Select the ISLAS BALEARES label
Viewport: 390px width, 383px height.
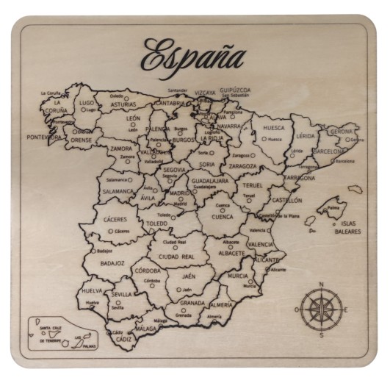click(349, 227)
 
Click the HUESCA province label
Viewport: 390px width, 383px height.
click(273, 127)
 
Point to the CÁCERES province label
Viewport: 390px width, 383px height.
click(115, 219)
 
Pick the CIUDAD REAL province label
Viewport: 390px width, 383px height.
click(177, 257)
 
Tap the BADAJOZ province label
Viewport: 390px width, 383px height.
click(112, 262)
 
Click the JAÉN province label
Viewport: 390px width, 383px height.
click(188, 276)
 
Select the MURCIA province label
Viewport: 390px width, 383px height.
click(237, 276)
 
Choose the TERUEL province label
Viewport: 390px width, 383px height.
click(252, 185)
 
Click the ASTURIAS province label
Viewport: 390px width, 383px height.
click(123, 104)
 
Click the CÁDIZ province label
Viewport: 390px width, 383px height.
click(123, 340)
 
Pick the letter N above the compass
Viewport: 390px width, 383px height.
click(321, 284)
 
